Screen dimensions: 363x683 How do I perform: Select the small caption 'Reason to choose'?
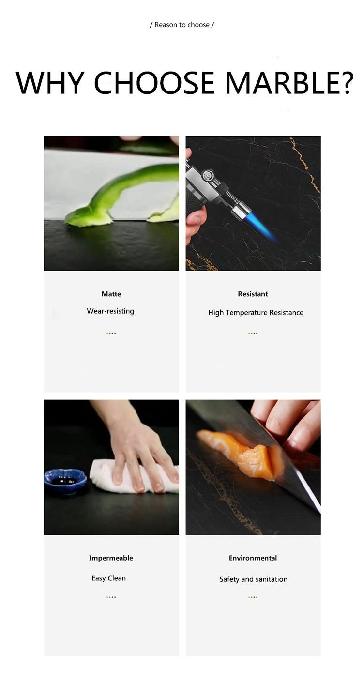click(182, 25)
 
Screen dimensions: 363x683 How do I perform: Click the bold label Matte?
click(111, 294)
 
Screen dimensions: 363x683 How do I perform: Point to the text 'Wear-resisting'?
click(110, 311)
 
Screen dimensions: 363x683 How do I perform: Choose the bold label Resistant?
click(253, 294)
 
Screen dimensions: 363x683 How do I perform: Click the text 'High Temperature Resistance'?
click(256, 313)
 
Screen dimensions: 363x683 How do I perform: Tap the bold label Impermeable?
click(111, 558)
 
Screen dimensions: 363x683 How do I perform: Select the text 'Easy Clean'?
click(108, 578)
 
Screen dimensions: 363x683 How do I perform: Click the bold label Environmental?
click(253, 558)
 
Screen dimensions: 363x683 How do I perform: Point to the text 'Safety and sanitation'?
click(253, 579)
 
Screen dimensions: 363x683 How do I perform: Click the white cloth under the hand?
click(134, 477)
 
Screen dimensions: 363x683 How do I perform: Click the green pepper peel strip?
click(122, 195)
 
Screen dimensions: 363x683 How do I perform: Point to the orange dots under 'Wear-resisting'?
click(111, 333)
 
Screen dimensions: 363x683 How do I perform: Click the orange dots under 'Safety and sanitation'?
click(253, 597)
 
